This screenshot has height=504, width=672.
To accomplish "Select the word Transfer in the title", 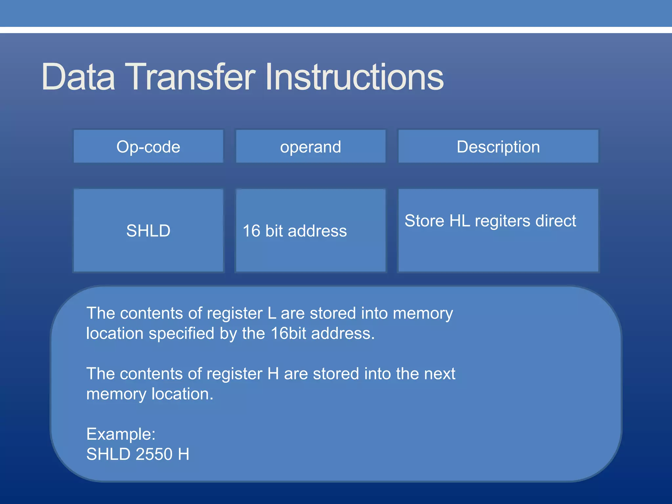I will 190,77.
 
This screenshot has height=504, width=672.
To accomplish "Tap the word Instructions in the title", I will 354,77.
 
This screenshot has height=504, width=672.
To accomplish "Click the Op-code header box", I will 148,147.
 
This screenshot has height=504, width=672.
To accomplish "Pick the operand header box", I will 310,147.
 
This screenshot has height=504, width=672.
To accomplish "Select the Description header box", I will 498,147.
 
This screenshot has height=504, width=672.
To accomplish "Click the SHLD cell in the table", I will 148,231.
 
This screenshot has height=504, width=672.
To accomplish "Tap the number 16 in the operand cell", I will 251,231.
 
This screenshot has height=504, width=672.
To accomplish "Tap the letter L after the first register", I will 272,313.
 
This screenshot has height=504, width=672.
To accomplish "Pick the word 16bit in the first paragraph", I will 289,333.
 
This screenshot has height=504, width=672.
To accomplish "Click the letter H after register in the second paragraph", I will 273,374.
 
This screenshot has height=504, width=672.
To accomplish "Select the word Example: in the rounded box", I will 121,434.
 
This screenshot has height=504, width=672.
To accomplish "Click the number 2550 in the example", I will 154,454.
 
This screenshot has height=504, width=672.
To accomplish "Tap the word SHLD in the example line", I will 109,454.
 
